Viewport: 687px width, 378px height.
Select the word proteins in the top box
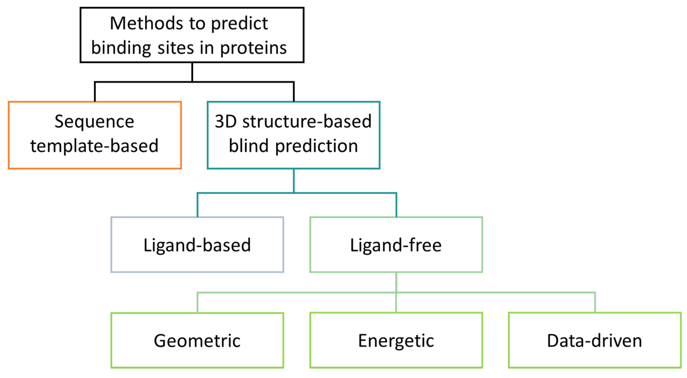253,49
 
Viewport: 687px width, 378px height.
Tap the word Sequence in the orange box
94,121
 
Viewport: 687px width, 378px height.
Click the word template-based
94,146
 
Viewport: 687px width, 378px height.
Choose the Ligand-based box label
197,245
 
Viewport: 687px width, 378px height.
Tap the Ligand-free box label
396,245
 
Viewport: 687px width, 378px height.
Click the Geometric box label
197,341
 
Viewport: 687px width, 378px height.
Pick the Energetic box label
396,341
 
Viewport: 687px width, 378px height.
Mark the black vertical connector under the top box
192,72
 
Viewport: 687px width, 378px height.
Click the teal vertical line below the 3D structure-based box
294,181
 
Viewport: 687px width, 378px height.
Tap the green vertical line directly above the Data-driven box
595,303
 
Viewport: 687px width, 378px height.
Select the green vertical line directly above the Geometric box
197,303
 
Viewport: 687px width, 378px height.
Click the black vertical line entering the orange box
95,92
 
